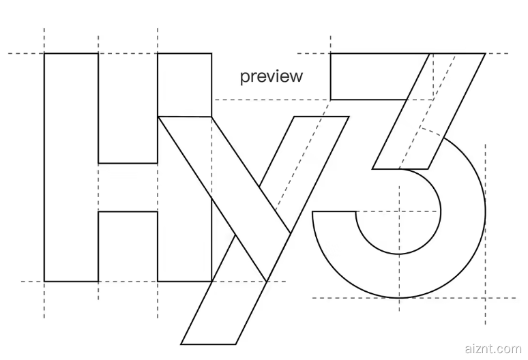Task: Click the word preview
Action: [x=271, y=76]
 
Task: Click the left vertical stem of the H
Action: [x=71, y=167]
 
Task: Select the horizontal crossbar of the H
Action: [x=128, y=187]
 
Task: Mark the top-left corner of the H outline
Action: [x=44, y=53]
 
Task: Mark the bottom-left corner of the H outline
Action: [x=44, y=281]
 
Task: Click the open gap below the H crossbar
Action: [x=128, y=246]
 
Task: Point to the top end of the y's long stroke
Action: [x=321, y=117]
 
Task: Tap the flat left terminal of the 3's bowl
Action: [x=334, y=212]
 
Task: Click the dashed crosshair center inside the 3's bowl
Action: [x=398, y=212]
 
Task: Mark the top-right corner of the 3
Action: [x=485, y=53]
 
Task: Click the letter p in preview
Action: [x=244, y=78]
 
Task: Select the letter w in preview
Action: [x=295, y=76]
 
